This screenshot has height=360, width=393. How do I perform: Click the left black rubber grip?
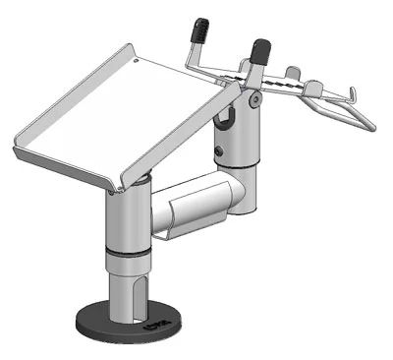tap(201, 30)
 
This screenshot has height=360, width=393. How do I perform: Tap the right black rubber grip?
tap(261, 50)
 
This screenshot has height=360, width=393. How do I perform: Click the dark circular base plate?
tap(98, 326)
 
